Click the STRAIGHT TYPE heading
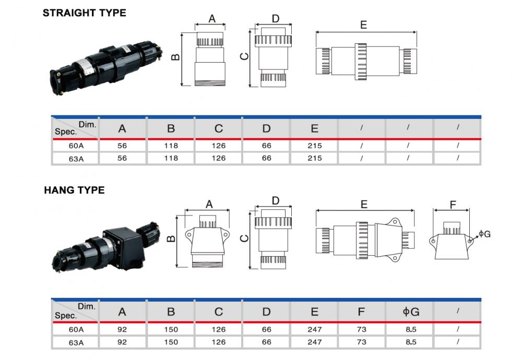point(84,13)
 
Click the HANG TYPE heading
point(74,190)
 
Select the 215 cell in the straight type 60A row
point(314,146)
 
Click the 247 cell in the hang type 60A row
point(314,329)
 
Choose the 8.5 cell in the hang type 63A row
point(410,342)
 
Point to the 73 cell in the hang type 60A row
point(362,329)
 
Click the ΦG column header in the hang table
point(410,312)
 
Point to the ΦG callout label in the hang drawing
point(484,234)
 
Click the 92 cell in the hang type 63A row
point(123,342)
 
